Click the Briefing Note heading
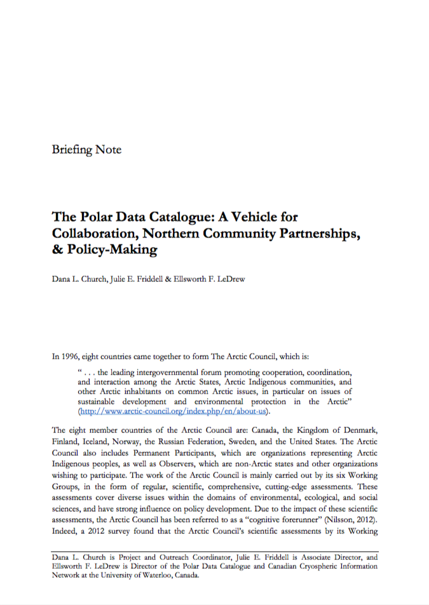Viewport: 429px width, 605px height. [x=86, y=150]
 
